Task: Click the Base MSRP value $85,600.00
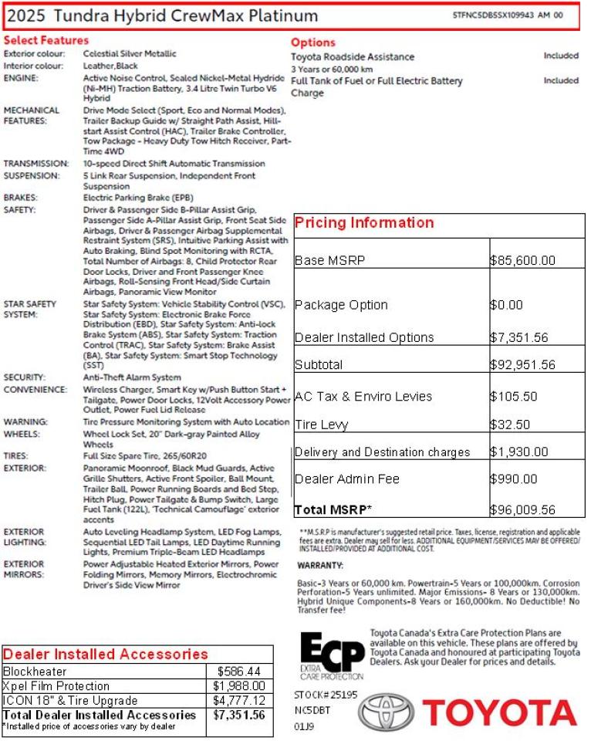(522, 261)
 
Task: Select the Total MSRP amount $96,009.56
(522, 510)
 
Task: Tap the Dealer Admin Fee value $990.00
(513, 479)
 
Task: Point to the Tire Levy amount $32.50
(509, 425)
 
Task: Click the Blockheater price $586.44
(239, 672)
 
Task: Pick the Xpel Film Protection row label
(46, 686)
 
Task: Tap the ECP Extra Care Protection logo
(332, 655)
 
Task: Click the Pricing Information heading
(364, 223)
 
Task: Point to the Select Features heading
(46, 40)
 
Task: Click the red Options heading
(312, 42)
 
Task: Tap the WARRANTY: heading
(319, 566)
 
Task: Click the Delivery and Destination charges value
(518, 452)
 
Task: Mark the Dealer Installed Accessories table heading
(106, 655)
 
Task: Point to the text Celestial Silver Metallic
(130, 54)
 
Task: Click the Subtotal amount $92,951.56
(522, 365)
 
